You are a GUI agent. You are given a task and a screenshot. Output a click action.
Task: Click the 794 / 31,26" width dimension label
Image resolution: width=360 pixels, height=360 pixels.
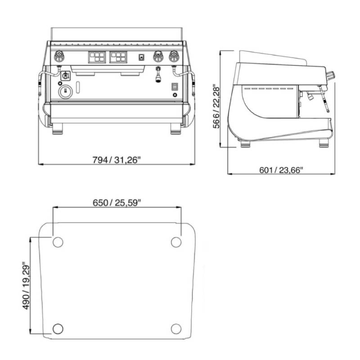(x=116, y=160)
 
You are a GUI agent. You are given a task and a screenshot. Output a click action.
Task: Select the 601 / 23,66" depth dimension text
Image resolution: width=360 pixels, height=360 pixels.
(x=281, y=170)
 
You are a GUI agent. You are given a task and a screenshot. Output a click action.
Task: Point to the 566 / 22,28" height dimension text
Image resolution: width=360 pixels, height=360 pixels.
(x=216, y=108)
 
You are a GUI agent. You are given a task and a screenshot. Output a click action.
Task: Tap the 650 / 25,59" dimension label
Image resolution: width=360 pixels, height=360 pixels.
(x=117, y=203)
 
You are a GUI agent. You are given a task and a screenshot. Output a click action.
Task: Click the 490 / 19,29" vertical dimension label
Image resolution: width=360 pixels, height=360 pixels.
(x=26, y=286)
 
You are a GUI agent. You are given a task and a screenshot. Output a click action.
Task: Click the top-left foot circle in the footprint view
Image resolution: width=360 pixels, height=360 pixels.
(x=58, y=242)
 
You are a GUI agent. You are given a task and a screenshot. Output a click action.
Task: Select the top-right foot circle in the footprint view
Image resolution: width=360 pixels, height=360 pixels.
(x=176, y=242)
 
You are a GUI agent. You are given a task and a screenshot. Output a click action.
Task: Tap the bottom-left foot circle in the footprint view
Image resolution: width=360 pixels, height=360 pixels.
(x=58, y=328)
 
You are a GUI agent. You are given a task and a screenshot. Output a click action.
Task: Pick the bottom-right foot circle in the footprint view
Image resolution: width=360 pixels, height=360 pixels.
(x=176, y=328)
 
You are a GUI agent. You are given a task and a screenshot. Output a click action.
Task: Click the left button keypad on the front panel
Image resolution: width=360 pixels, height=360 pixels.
(x=97, y=57)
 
